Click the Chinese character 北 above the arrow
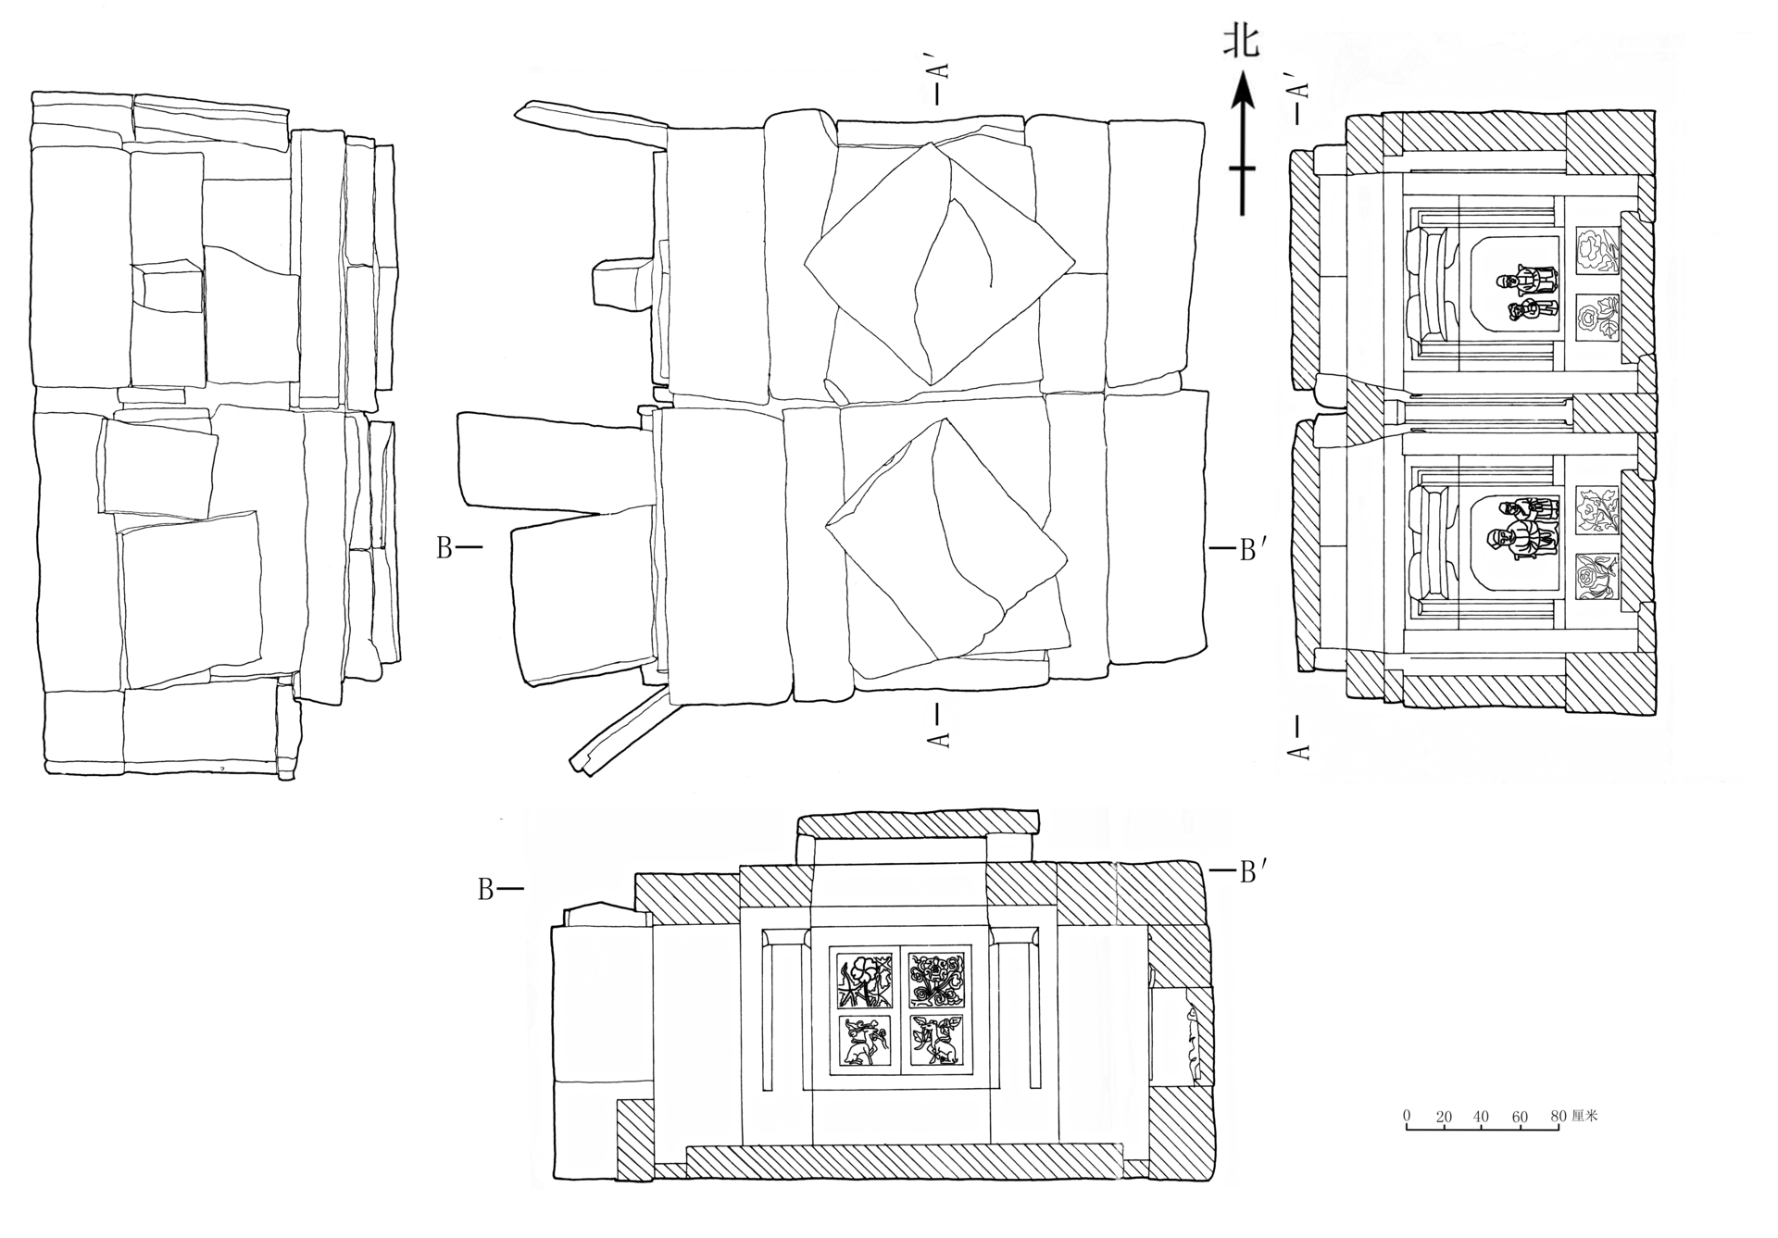coord(1242,42)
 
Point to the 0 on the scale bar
coord(1407,1118)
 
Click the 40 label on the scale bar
coord(1481,1118)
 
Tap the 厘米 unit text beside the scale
coord(1584,1117)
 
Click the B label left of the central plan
coord(444,548)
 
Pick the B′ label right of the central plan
coord(1249,550)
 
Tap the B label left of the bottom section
coord(485,890)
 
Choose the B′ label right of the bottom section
coord(1249,871)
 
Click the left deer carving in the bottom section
coord(864,1041)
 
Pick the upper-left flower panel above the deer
coord(864,982)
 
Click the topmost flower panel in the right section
coord(1596,250)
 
